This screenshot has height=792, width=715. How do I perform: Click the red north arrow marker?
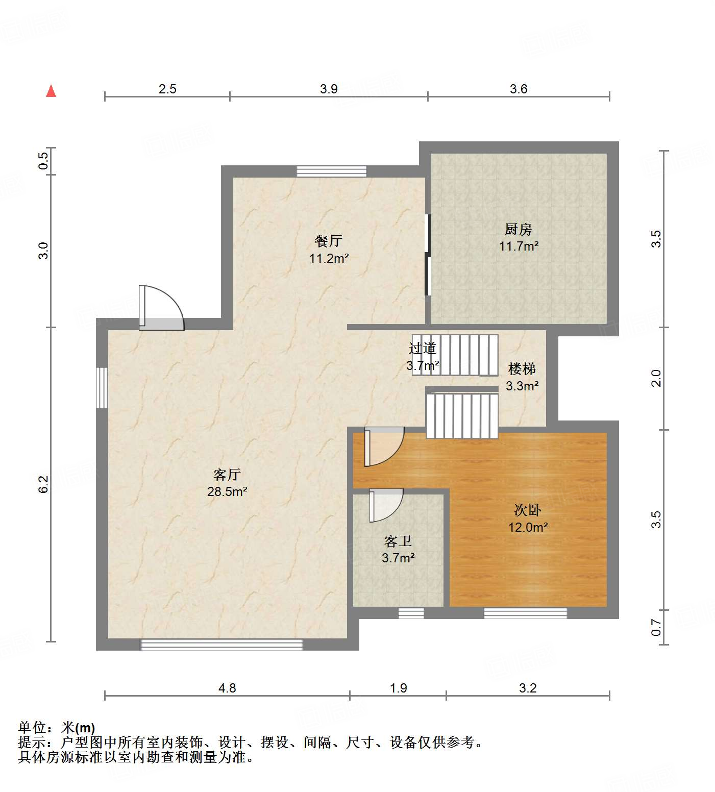point(51,91)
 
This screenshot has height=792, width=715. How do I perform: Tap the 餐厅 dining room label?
point(329,241)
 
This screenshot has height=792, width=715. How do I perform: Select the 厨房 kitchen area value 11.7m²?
point(519,246)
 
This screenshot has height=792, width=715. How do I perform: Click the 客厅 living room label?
point(227,475)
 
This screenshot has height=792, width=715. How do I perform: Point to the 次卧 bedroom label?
point(528,510)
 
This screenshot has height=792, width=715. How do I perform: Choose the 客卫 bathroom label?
point(398,541)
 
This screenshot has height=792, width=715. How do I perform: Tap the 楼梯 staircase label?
point(522,368)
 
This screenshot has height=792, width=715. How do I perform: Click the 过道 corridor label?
point(423,348)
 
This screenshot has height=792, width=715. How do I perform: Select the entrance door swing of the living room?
point(161,308)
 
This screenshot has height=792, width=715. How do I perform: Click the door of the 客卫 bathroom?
point(386,505)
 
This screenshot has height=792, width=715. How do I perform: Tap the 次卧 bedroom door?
point(384,447)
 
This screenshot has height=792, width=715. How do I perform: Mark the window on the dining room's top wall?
point(332,171)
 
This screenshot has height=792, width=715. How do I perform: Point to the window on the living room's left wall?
point(102,387)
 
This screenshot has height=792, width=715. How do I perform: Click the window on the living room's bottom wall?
point(221,645)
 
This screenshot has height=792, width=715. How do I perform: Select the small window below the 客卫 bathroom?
point(411,613)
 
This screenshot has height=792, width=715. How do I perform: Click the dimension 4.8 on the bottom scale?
point(227,688)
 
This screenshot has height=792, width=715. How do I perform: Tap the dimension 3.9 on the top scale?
point(329,89)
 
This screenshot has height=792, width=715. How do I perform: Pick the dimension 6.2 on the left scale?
point(43,484)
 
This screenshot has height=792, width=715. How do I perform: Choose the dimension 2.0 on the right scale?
point(656,378)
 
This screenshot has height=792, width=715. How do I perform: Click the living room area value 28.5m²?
point(227,492)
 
